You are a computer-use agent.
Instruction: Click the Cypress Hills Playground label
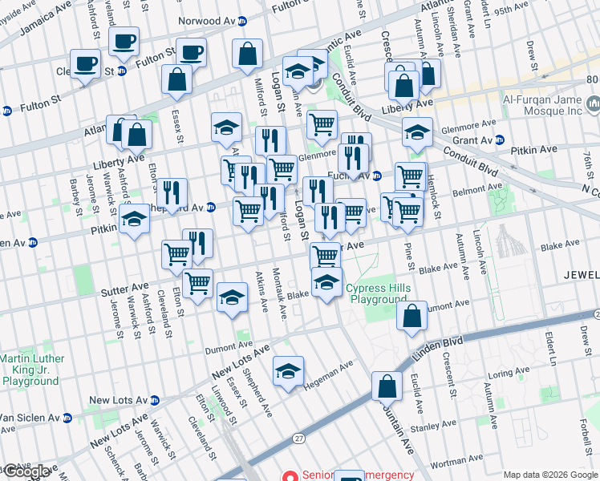point(376,294)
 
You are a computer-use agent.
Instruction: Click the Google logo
point(25,471)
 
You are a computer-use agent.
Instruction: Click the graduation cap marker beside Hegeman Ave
point(288,371)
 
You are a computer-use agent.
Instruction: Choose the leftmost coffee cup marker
point(84,64)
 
